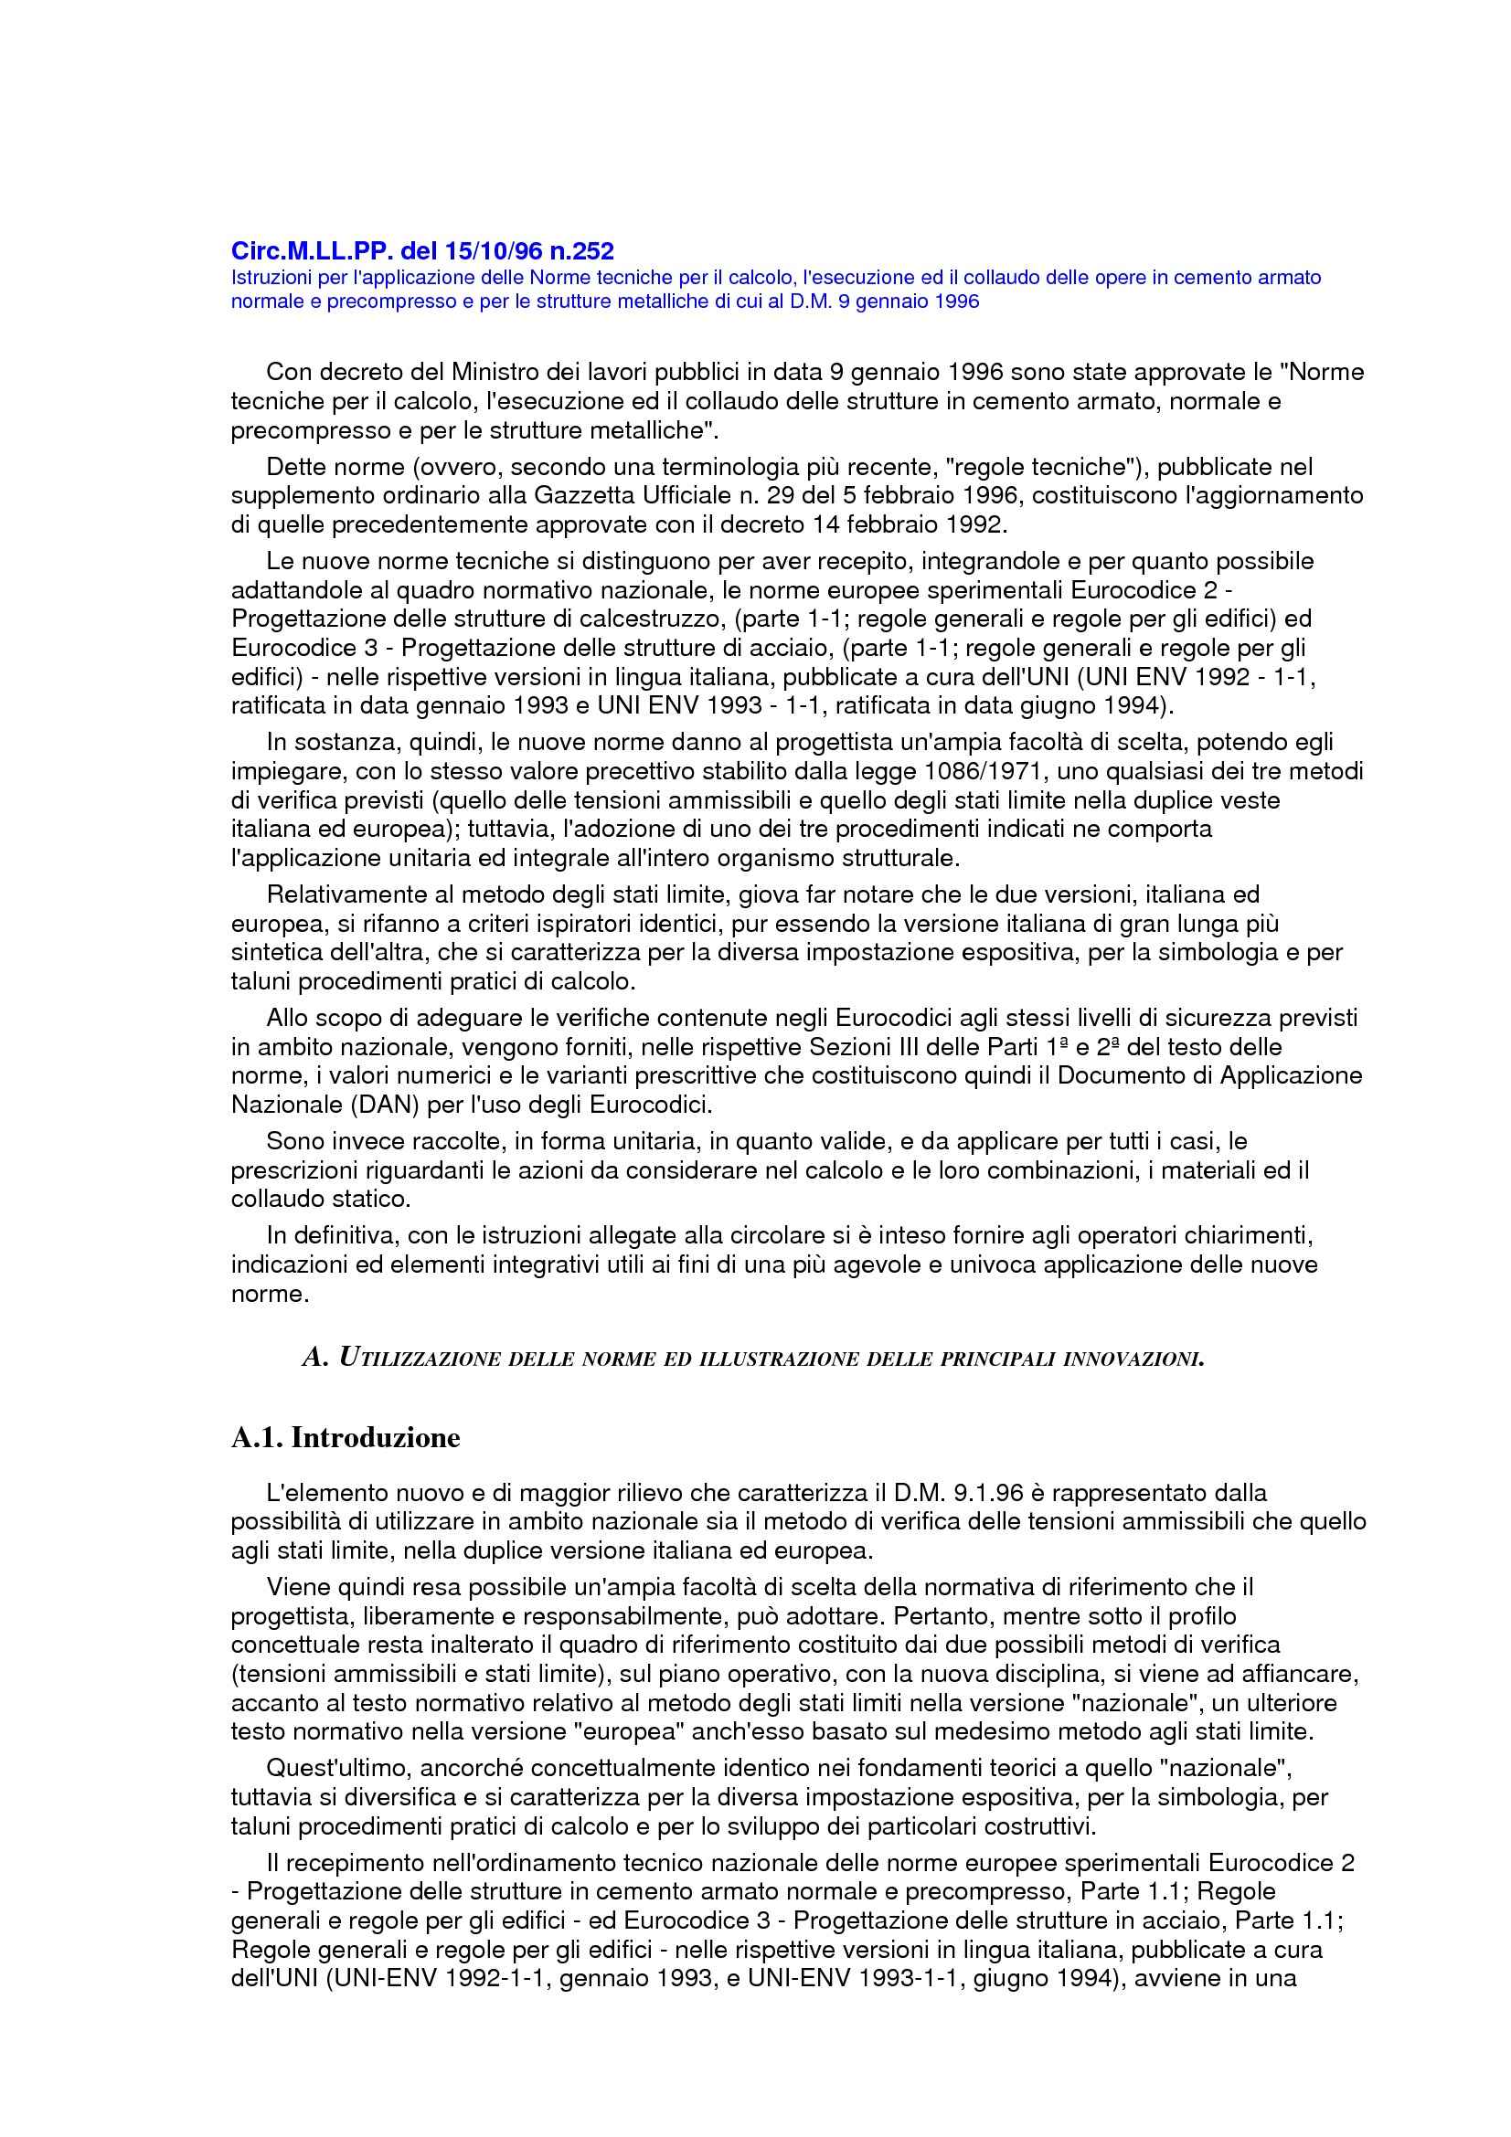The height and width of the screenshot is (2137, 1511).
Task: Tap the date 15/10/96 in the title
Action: pyautogui.click(x=483, y=251)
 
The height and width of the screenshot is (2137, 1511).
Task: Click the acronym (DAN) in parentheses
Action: pyautogui.click(x=361, y=1106)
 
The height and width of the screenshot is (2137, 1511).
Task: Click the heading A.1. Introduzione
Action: pyautogui.click(x=346, y=1438)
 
